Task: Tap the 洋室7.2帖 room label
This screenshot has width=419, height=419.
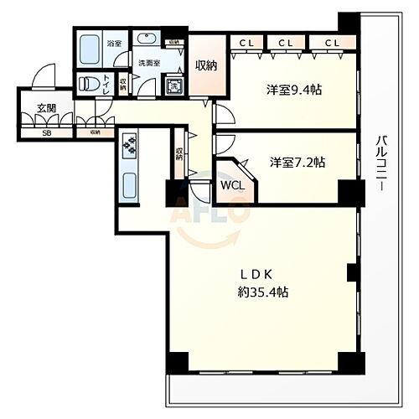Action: [x=297, y=162]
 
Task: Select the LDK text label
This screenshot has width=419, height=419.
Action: [x=256, y=273]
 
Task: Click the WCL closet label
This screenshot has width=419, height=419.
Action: [x=232, y=186]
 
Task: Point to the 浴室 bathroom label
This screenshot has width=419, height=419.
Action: [x=114, y=44]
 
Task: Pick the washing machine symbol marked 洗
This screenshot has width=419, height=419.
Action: [x=174, y=85]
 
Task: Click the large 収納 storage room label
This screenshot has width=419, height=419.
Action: [x=206, y=65]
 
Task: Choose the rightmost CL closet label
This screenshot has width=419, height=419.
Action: [x=332, y=42]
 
